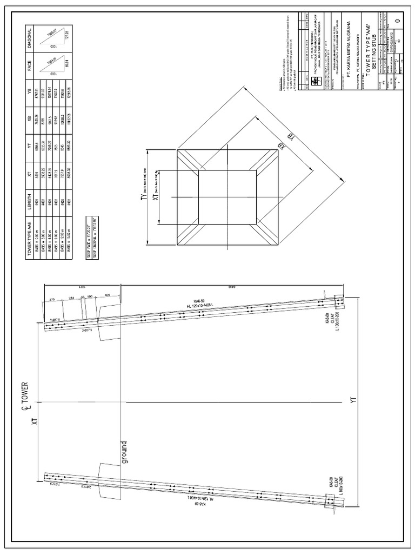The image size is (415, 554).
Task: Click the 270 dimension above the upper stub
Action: click(x=52, y=299)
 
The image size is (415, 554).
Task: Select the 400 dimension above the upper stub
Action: click(x=108, y=294)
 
